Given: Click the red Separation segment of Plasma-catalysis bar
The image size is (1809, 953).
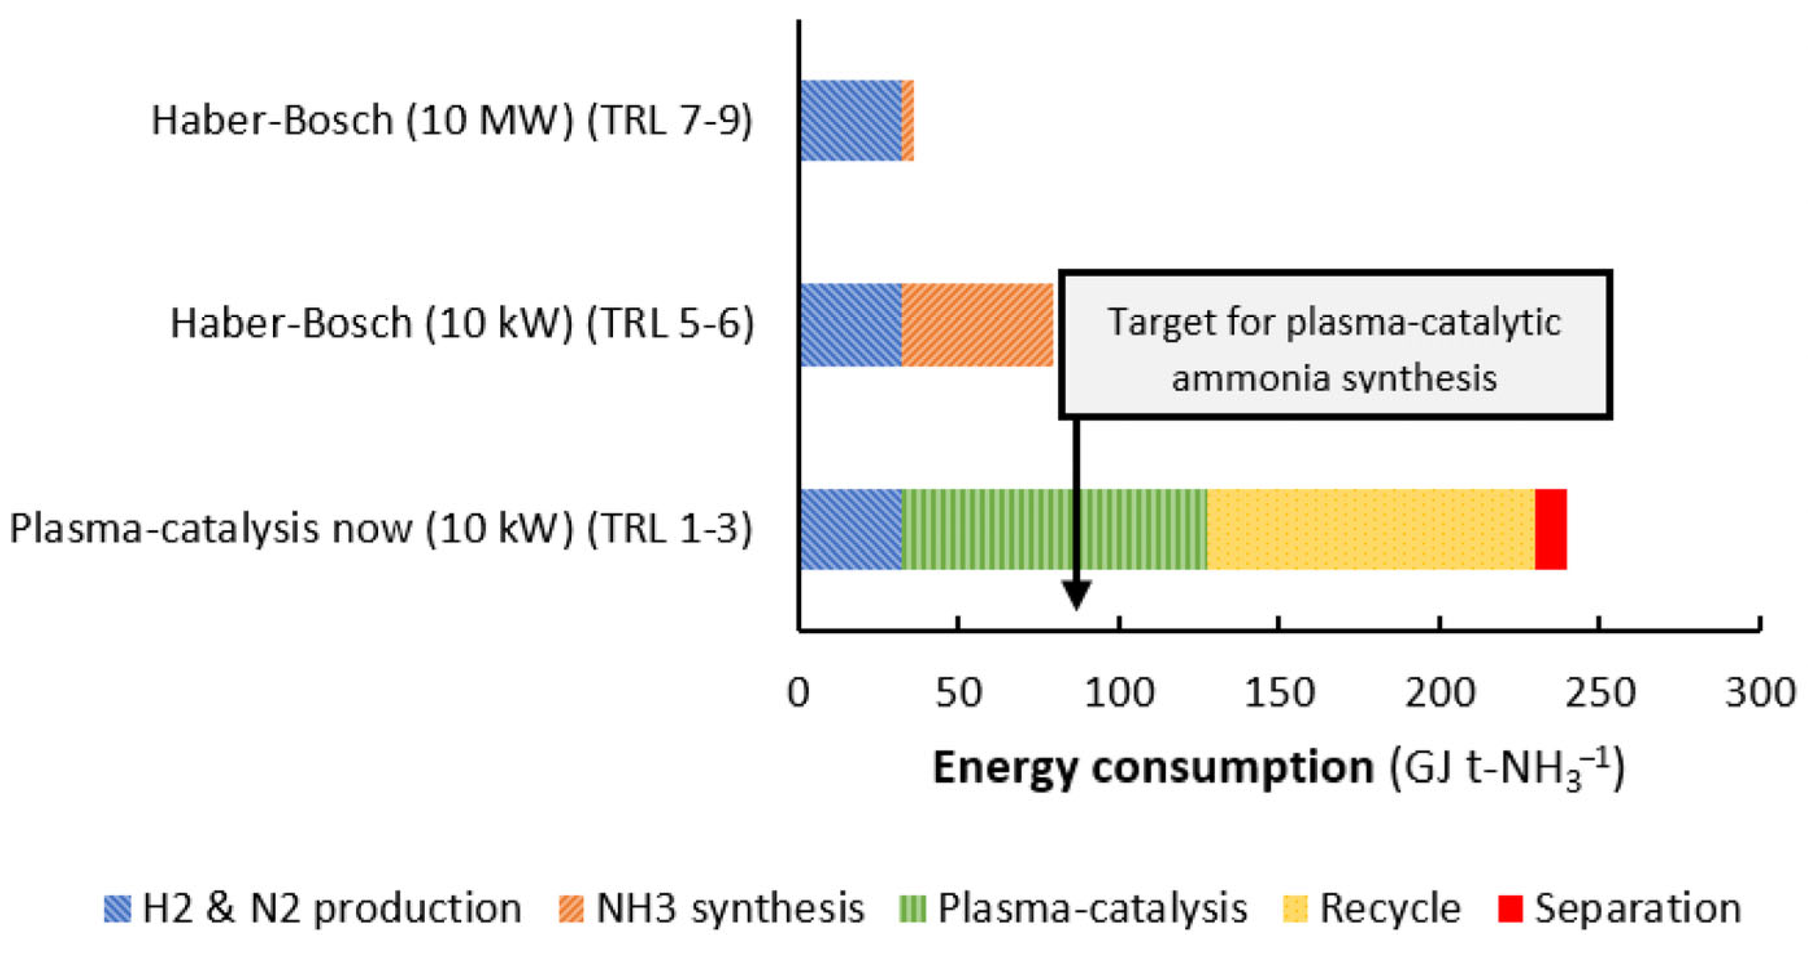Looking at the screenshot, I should click(1550, 529).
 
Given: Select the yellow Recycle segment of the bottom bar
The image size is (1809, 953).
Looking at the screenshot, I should click(1370, 529).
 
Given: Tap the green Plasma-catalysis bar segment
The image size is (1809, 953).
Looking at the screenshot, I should click(1053, 529).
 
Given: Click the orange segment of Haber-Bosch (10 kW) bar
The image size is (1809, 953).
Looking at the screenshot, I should click(977, 324).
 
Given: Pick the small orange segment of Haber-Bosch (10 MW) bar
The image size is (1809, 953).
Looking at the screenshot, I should click(907, 120).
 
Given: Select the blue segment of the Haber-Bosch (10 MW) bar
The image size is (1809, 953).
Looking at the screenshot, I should click(850, 120).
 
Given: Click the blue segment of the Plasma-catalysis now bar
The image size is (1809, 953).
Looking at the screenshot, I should click(850, 529).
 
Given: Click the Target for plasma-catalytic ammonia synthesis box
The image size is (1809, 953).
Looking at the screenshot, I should click(1334, 344).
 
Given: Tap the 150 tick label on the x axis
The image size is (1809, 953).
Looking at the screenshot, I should click(1279, 693).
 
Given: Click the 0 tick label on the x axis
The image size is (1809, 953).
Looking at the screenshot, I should click(798, 693).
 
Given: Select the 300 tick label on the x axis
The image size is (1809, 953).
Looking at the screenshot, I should click(1760, 693).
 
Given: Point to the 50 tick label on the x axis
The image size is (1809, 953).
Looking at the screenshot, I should click(958, 693).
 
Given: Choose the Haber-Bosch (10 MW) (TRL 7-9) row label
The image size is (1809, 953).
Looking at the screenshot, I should click(451, 120).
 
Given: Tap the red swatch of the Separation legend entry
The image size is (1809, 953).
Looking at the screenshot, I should click(1510, 908).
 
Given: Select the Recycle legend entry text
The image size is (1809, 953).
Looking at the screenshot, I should click(1390, 908).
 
